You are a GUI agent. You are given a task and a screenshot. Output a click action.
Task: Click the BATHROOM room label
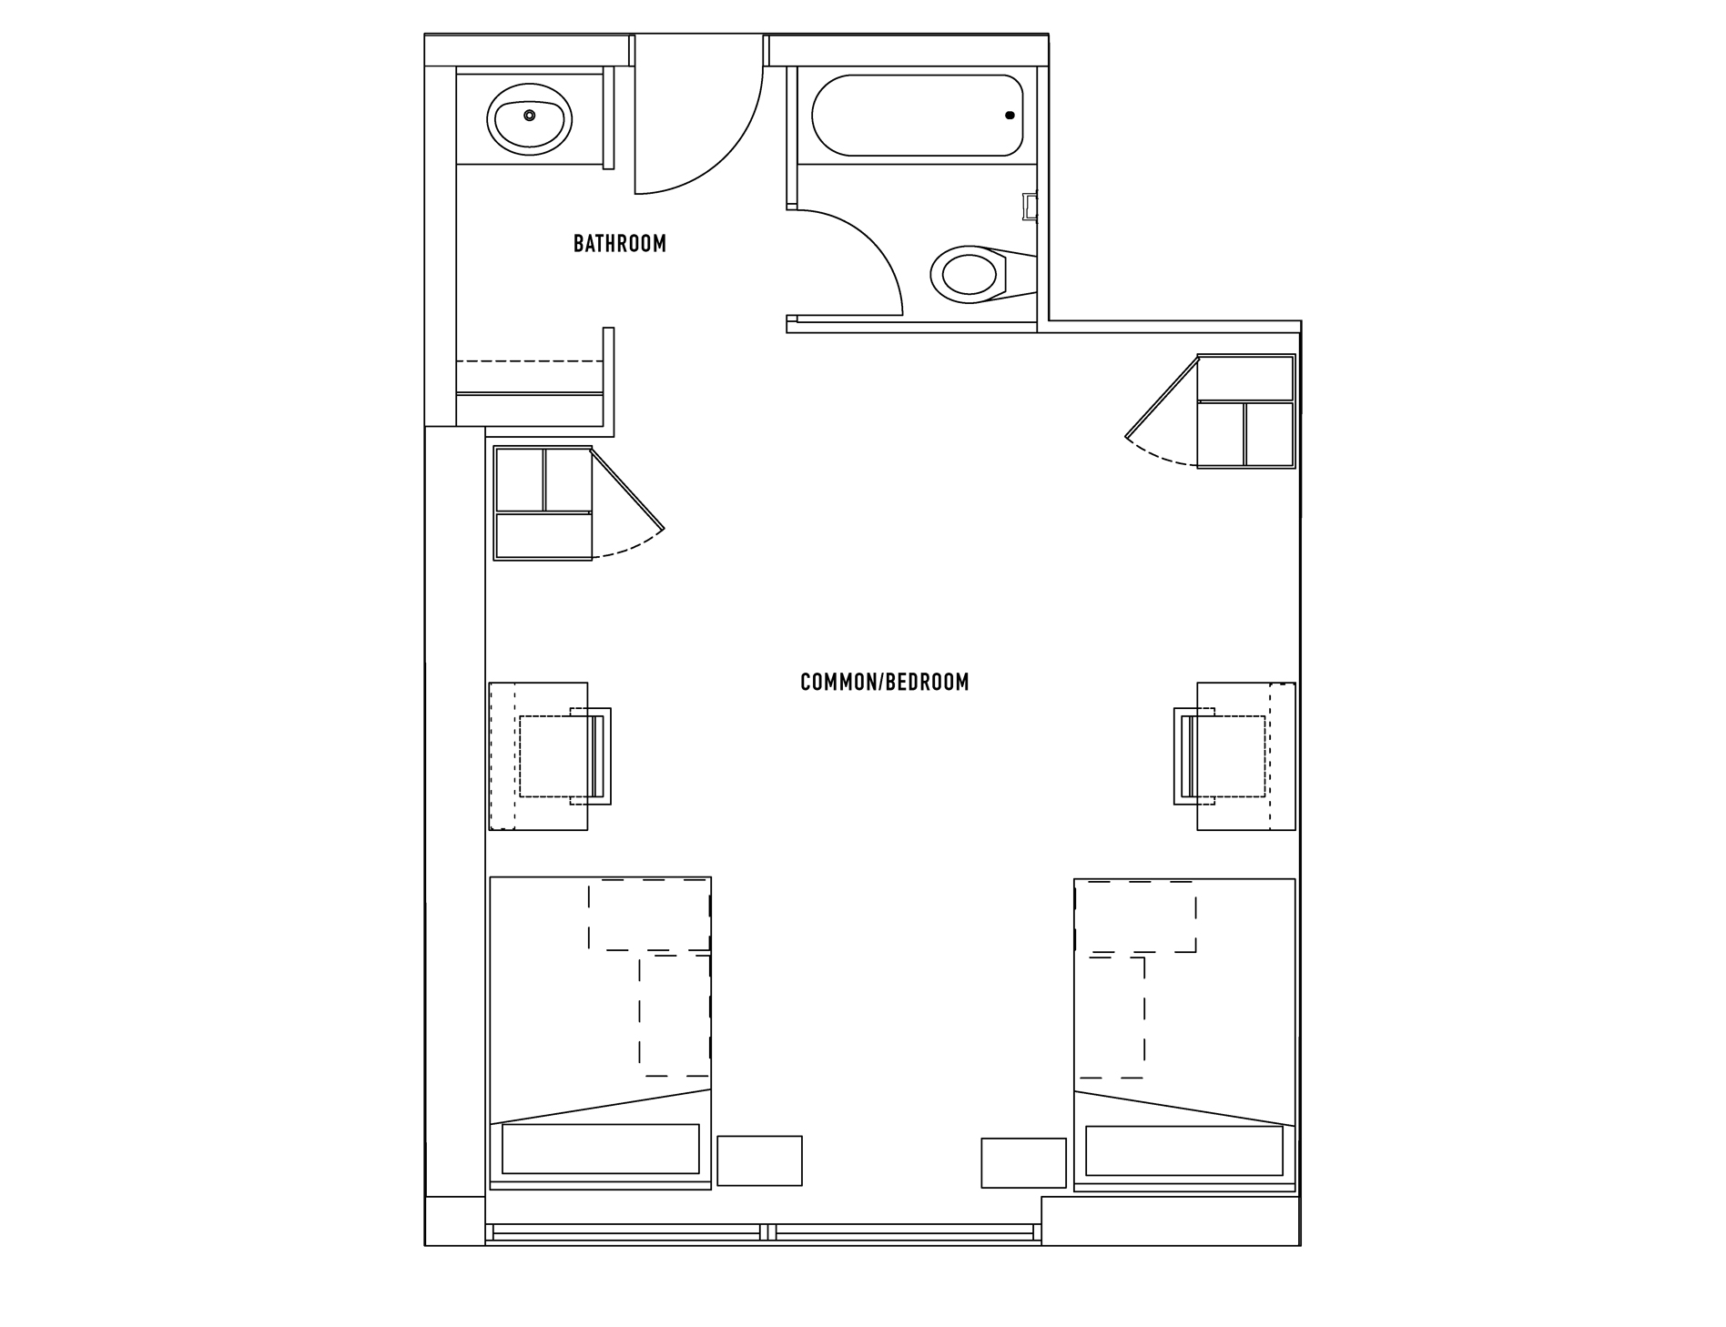pyautogui.click(x=620, y=244)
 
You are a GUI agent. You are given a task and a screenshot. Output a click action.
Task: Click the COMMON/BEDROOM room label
pyautogui.click(x=884, y=683)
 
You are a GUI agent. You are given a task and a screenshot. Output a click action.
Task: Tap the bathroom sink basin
pyautogui.click(x=530, y=118)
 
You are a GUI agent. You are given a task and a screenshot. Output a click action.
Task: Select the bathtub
pyautogui.click(x=918, y=116)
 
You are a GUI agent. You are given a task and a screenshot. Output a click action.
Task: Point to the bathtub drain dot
pyautogui.click(x=1010, y=116)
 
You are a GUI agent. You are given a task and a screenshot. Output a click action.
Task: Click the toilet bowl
pyautogui.click(x=970, y=273)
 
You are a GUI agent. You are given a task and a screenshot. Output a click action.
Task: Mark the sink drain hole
pyautogui.click(x=529, y=115)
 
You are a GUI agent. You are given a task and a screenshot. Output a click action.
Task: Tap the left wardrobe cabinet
pyautogui.click(x=543, y=503)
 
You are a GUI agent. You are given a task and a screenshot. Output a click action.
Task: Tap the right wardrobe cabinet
pyautogui.click(x=1245, y=411)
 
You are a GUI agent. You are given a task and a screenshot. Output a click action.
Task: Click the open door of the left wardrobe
pyautogui.click(x=627, y=490)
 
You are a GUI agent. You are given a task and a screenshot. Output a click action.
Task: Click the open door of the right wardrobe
pyautogui.click(x=1163, y=397)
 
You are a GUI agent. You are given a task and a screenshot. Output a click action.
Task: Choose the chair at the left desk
pyautogui.click(x=565, y=756)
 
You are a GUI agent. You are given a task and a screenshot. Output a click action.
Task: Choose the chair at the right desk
pyautogui.click(x=1220, y=756)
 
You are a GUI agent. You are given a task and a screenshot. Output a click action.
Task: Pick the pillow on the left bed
pyautogui.click(x=601, y=1149)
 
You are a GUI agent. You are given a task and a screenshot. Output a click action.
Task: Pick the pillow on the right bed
pyautogui.click(x=1184, y=1150)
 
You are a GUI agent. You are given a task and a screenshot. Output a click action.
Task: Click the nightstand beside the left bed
pyautogui.click(x=760, y=1160)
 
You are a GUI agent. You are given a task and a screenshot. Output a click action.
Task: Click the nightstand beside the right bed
pyautogui.click(x=1023, y=1162)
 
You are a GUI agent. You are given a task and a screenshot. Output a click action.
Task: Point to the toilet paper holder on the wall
pyautogui.click(x=1031, y=207)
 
